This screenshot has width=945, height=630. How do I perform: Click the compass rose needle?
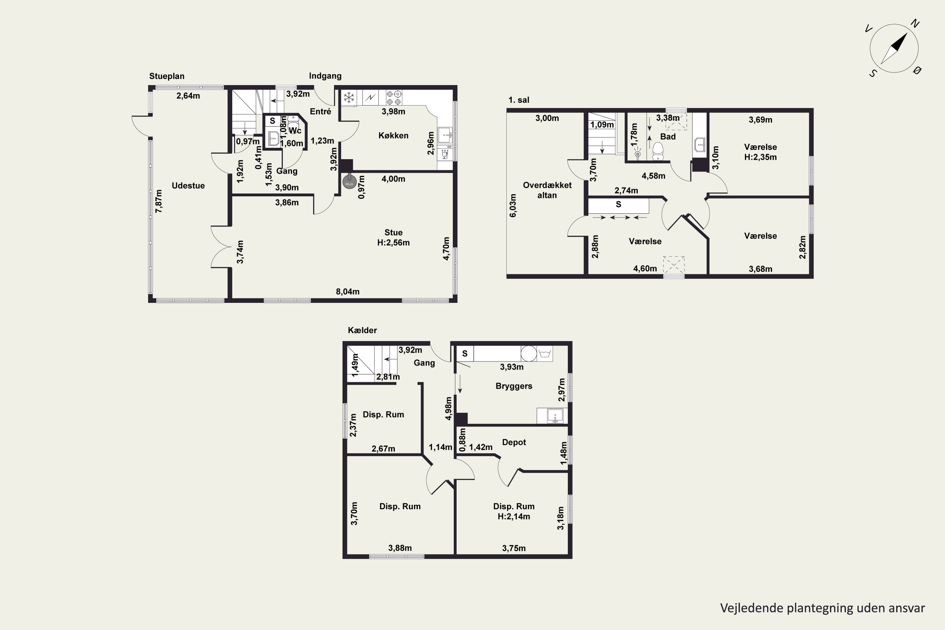point(894,49)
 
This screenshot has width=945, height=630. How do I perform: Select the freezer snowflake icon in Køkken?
point(349,97)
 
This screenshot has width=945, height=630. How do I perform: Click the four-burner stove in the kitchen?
point(394,98)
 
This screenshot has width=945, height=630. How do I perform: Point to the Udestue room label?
point(188,186)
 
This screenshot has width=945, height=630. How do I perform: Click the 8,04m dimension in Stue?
point(347,292)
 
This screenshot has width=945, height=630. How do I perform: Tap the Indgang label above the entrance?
point(325,76)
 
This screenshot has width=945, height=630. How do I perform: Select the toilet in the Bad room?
point(658,150)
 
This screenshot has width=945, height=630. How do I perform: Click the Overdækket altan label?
point(547,190)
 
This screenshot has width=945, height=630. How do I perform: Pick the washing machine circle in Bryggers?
point(529,353)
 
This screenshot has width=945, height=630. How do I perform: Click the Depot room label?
point(514,442)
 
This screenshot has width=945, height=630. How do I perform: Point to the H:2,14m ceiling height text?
point(514,517)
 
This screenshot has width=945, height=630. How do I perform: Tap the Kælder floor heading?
point(363,330)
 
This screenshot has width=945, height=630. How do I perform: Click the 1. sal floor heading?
point(519,100)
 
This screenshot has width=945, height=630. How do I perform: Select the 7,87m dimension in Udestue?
point(159,201)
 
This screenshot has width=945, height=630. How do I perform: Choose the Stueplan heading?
point(167,76)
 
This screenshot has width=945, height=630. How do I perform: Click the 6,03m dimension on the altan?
point(513,206)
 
